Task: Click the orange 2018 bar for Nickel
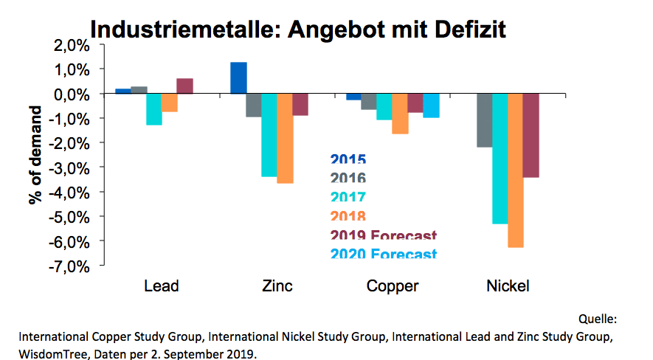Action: (x=516, y=170)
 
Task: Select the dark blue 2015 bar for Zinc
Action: (x=238, y=78)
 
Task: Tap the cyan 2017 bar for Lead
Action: (x=153, y=109)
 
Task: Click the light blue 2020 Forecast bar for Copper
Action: (x=431, y=106)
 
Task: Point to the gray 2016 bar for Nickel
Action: (x=485, y=121)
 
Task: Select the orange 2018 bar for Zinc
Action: (x=285, y=139)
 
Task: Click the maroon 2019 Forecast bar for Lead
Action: (x=184, y=86)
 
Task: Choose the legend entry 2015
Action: (x=348, y=159)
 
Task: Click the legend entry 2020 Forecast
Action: (x=384, y=255)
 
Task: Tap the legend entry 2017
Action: (x=348, y=198)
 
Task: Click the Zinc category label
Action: (x=277, y=285)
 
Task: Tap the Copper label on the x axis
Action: (x=393, y=285)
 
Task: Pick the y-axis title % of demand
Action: (x=37, y=156)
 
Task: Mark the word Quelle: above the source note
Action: (x=598, y=319)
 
